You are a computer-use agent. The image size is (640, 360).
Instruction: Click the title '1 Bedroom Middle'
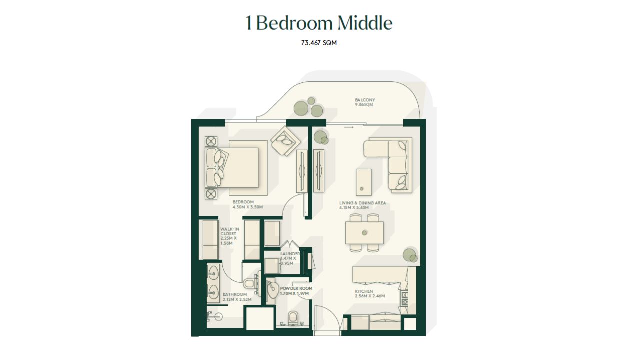point(319,23)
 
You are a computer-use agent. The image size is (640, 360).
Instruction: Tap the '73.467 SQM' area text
point(319,43)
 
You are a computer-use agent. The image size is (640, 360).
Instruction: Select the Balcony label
point(365,102)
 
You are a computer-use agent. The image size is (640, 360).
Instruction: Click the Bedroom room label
point(247,204)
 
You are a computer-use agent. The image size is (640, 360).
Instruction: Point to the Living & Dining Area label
point(362,205)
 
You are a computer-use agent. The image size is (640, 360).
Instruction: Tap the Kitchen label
point(370,293)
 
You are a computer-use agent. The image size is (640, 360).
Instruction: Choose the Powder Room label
point(296,291)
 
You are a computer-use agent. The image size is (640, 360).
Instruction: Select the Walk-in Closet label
point(229,236)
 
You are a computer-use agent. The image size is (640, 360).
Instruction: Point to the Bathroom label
point(237,297)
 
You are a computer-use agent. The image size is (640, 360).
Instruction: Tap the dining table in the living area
point(364,233)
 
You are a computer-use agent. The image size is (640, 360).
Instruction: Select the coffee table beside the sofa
point(363,182)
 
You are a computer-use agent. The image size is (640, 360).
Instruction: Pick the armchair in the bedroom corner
point(286,141)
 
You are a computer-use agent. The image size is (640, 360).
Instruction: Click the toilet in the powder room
point(293,318)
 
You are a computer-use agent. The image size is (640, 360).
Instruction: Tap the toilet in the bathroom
point(250,283)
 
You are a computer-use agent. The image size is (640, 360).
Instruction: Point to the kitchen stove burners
point(404,298)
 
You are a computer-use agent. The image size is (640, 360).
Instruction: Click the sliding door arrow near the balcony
point(349,127)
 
